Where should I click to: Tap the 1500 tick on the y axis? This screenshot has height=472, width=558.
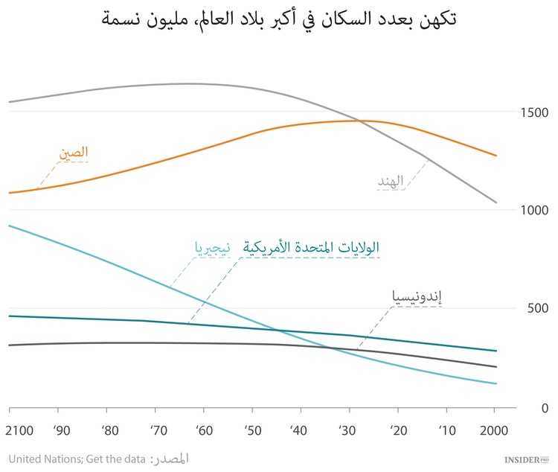[x=533, y=112]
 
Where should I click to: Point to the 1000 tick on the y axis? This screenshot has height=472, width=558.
[x=533, y=211]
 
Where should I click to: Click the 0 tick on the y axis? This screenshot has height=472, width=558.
[x=524, y=408]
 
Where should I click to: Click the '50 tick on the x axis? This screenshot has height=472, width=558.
[x=251, y=431]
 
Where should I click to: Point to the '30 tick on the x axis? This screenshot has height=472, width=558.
[x=348, y=431]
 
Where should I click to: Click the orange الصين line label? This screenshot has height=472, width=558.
[x=74, y=153]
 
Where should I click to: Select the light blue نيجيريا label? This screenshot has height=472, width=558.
[x=213, y=248]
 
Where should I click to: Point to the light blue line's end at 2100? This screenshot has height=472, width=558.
[x=10, y=225]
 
